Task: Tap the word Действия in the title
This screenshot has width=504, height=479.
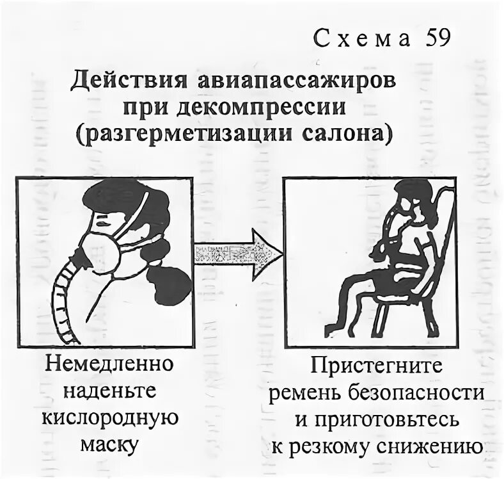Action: coord(128,84)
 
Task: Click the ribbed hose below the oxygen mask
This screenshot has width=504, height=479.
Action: coord(62,301)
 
